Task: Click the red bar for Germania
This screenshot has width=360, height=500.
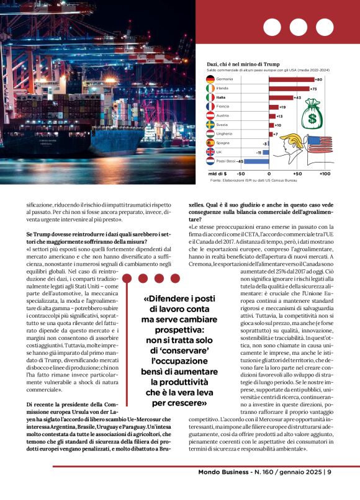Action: click(x=291, y=79)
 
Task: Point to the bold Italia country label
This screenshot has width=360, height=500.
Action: click(x=221, y=97)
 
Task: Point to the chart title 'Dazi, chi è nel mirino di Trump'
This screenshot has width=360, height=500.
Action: click(x=243, y=64)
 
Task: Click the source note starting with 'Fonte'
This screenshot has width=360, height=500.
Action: click(x=251, y=181)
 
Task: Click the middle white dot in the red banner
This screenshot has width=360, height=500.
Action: click(x=298, y=27)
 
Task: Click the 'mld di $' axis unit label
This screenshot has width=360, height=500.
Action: click(x=217, y=174)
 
